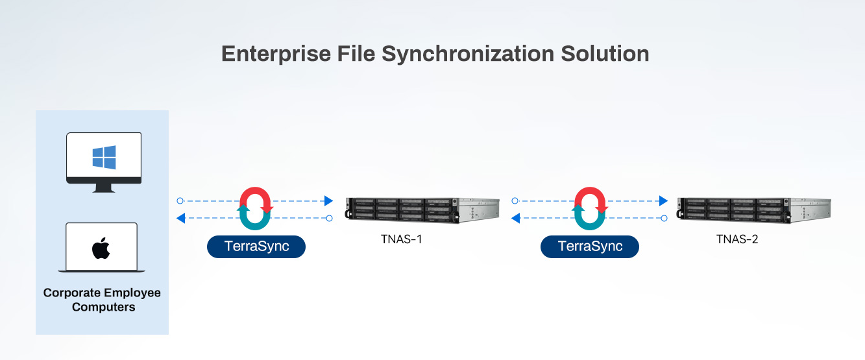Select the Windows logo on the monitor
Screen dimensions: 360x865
[x=104, y=158]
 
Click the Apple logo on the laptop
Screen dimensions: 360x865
[x=101, y=248]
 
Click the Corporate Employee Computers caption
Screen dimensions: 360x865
[x=102, y=300]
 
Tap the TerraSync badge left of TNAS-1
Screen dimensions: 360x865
[x=256, y=246]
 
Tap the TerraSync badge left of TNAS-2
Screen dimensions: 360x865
[x=589, y=246]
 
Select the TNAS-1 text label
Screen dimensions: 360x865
[x=402, y=239]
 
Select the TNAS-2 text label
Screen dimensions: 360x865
[x=737, y=239]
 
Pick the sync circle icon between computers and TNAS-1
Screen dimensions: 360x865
[x=256, y=209]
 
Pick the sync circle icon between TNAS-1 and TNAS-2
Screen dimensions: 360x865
[x=589, y=209]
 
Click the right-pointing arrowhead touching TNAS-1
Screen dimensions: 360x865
[x=328, y=201]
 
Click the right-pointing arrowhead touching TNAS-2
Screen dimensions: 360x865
[x=663, y=201]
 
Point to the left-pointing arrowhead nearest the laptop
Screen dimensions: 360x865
[x=181, y=218]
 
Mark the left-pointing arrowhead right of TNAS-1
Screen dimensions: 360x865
[x=515, y=218]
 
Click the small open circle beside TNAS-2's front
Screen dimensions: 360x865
[x=664, y=218]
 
